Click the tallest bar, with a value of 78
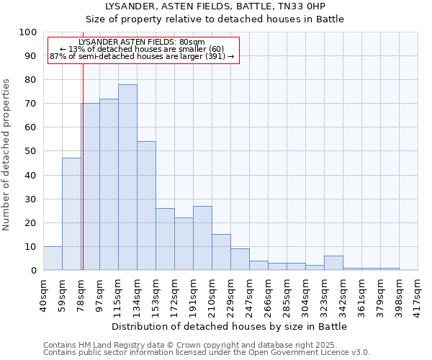127,177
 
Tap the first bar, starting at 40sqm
53,258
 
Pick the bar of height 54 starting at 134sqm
146,206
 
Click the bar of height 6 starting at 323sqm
333,263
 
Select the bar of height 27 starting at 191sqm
202,238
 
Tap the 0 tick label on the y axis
33,270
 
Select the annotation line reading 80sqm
142,42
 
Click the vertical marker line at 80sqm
83,166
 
